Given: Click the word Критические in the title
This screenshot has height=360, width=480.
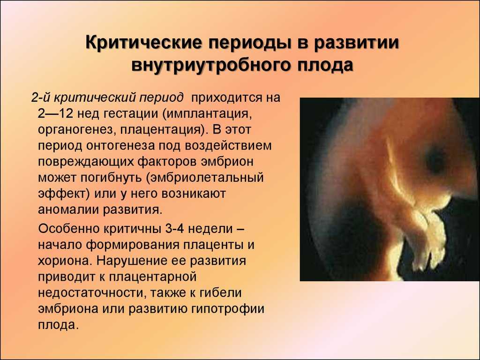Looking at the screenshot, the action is coord(143,42).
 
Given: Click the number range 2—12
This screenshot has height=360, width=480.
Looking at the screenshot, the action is coord(55,113).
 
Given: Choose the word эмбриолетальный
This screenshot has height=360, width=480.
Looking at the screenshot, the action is coord(205,178).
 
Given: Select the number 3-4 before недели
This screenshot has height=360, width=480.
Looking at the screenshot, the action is coord(174,229).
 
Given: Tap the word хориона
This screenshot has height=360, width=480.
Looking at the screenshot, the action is coord(65,261).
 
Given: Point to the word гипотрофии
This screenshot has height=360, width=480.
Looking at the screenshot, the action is coord(228,309).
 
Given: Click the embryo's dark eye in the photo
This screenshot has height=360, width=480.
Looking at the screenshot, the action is coord(435,158).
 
